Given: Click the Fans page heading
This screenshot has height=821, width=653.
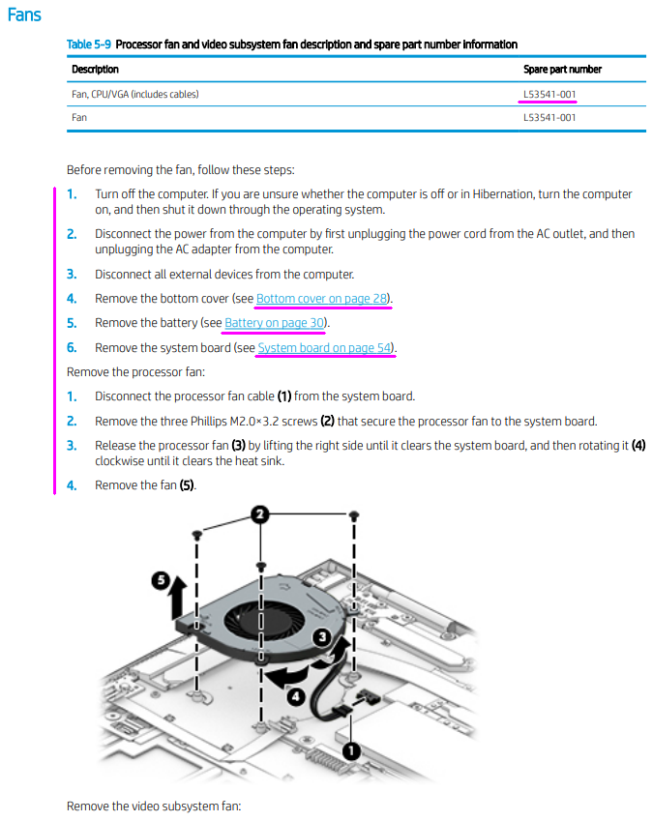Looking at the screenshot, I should click(x=24, y=16).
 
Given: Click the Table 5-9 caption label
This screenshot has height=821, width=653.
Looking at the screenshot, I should click(x=89, y=44).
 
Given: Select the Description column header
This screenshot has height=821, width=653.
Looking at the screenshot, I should click(x=96, y=70).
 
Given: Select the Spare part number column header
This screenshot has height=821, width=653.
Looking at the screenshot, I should click(x=562, y=70).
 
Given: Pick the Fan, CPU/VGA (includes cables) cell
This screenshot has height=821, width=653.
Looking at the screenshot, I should click(x=135, y=94).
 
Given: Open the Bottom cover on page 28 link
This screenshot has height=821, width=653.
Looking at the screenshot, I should click(x=323, y=299).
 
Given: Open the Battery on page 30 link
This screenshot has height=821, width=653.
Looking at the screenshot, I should click(x=275, y=323).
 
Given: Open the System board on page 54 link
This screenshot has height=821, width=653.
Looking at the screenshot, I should click(x=326, y=348).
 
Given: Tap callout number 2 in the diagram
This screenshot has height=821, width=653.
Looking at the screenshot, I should click(x=260, y=515).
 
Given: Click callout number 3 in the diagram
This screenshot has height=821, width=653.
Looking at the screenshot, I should click(x=325, y=638).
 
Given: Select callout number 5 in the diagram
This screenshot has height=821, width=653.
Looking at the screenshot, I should click(x=163, y=580).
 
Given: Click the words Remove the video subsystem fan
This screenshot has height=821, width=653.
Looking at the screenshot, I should click(x=153, y=806).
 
